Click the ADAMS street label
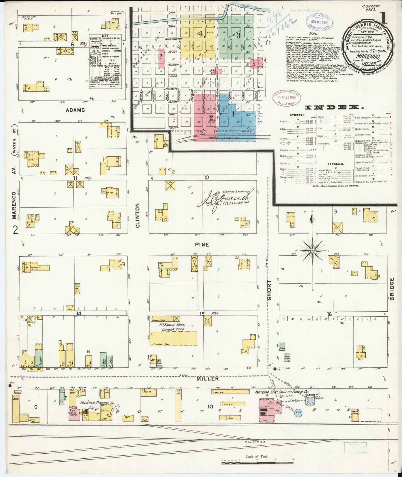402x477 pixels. (75, 110)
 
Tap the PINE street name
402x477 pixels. (202, 245)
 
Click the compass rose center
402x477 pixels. (312, 251)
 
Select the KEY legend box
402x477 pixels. (105, 62)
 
